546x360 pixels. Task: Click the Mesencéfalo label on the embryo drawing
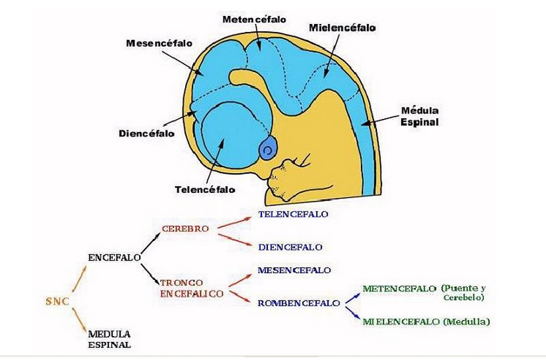point(159,43)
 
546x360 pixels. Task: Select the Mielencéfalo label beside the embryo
point(342,28)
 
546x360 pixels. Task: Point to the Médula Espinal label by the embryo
point(419,116)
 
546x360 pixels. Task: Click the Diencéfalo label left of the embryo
point(146,133)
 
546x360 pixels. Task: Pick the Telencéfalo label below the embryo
point(204,189)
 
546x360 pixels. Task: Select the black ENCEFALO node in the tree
point(114,256)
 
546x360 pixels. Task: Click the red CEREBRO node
point(185,228)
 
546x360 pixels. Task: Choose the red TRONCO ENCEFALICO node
point(191,288)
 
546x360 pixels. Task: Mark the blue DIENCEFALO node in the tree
point(290,247)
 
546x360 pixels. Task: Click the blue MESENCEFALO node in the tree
point(294,271)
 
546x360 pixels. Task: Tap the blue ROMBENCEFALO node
point(298,303)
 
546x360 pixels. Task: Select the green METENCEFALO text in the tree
point(399,289)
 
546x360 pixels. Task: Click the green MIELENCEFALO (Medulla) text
point(426,321)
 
